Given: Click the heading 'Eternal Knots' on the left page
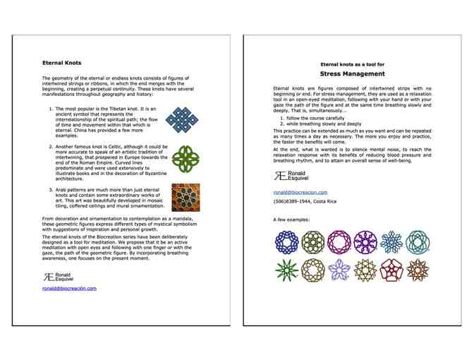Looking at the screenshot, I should click(x=61, y=63).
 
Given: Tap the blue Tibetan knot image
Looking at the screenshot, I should click(x=183, y=121).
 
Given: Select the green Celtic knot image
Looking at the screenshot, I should click(x=186, y=159).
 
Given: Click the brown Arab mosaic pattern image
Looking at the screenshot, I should click(x=186, y=198).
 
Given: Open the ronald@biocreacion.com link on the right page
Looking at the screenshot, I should click(x=300, y=192).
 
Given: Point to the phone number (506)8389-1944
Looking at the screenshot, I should click(x=305, y=202).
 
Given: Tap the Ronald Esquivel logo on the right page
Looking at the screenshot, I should click(x=290, y=175).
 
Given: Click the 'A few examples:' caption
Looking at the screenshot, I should click(x=291, y=220).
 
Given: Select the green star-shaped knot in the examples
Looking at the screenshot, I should click(x=286, y=269).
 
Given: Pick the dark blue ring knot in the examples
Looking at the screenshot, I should click(x=286, y=242).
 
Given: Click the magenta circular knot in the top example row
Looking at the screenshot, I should click(x=339, y=242).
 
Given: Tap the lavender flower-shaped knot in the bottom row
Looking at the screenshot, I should click(x=339, y=269).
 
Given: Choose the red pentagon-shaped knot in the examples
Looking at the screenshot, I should click(x=392, y=269).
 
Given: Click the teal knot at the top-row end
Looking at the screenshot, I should click(x=418, y=242).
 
